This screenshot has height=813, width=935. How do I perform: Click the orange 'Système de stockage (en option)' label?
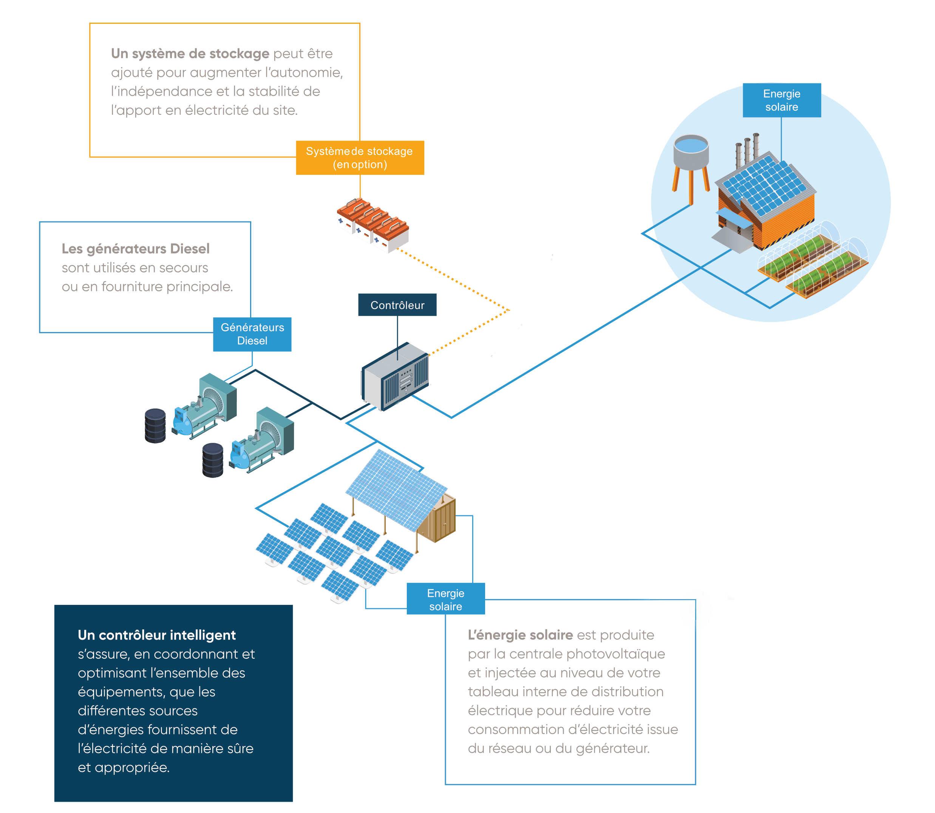(x=360, y=158)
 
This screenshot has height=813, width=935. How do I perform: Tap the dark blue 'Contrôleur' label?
(x=397, y=305)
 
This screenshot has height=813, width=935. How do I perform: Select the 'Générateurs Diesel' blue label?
(x=252, y=334)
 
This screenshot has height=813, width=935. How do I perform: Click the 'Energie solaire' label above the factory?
(x=781, y=100)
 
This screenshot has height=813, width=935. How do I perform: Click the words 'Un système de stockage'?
(x=190, y=54)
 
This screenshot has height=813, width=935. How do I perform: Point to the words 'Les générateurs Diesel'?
(x=135, y=249)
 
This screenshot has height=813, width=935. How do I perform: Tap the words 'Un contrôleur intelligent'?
(x=156, y=635)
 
